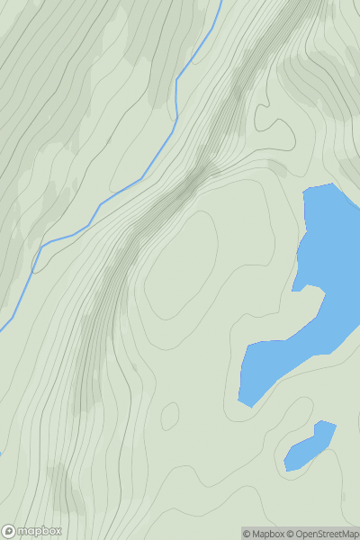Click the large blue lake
(x=315, y=288)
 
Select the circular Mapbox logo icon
(x=10, y=532)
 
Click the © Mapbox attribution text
(x=264, y=534)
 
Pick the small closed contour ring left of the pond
(x=169, y=416)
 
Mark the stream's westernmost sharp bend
(x=34, y=269)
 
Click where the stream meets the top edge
(x=220, y=1)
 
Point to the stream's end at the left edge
(x=1, y=329)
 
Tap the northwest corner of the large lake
(x=305, y=191)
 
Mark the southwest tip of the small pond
(x=286, y=470)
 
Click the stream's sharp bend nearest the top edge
(x=176, y=79)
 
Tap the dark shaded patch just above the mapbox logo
(x=63, y=490)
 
